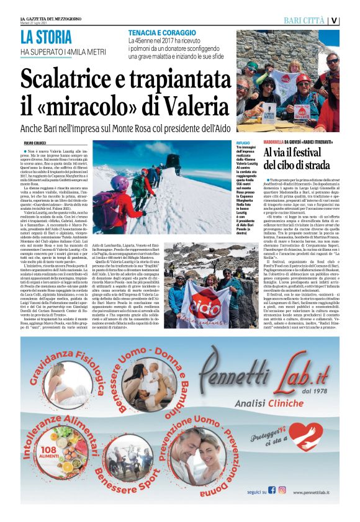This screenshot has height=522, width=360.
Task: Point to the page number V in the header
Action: click(335, 20)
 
